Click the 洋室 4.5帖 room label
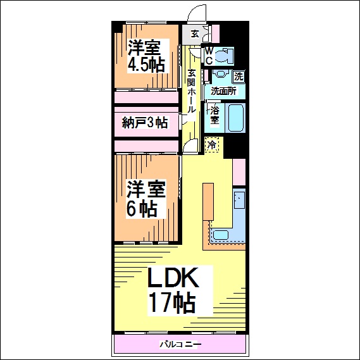[x=147, y=56]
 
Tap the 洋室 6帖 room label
[x=146, y=199]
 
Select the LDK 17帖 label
[x=173, y=290]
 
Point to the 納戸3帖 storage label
[x=145, y=122]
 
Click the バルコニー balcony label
[x=181, y=344]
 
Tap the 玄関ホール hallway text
[x=191, y=91]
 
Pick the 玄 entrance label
[x=195, y=34]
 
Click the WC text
[x=209, y=56]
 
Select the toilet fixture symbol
[x=225, y=56]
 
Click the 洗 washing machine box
[x=239, y=77]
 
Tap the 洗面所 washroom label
[x=223, y=91]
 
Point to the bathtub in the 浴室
[x=235, y=118]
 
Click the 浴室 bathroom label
[x=214, y=116]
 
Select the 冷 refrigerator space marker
[x=212, y=144]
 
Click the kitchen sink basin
[x=221, y=235]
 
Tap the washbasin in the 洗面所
[x=220, y=73]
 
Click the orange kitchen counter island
[x=208, y=202]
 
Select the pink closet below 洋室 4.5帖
[x=147, y=97]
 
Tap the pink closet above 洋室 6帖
[x=147, y=146]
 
